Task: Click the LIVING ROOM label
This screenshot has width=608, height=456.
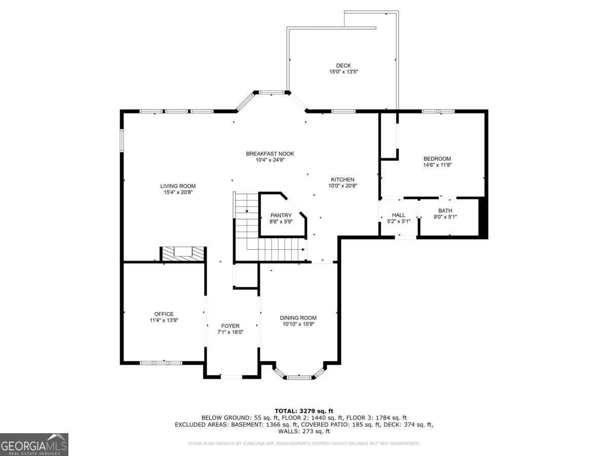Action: coord(178,186)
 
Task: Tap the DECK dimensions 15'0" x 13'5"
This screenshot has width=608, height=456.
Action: coord(344,72)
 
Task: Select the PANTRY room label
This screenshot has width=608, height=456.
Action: coord(281,215)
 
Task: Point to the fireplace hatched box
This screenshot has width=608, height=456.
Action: coord(183,254)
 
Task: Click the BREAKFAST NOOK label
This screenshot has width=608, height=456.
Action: coord(270,154)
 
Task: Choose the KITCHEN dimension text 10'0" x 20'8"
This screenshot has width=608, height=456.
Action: coord(343,186)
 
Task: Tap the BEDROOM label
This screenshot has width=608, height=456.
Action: coord(437,159)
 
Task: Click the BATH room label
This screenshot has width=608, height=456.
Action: coord(445,211)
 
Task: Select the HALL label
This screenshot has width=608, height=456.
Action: coord(399,215)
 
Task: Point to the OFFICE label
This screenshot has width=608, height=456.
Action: coord(164,314)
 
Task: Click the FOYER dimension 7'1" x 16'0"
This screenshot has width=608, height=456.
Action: coord(230,332)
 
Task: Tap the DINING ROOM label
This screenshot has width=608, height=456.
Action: coord(298,318)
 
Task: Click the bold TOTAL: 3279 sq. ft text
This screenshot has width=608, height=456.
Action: coord(304,411)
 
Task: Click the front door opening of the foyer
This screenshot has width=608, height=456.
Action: coord(231,376)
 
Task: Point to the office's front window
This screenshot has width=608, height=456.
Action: coord(161,363)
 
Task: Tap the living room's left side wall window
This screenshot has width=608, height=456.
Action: coord(122,140)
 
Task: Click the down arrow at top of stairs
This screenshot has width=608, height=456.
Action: coord(247,211)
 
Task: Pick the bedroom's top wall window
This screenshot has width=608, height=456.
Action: coord(438,111)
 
